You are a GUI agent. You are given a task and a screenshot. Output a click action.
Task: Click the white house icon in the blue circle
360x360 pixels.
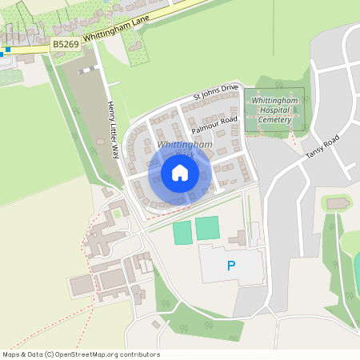(180, 173)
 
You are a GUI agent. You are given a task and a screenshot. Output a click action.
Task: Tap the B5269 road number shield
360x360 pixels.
(65, 46)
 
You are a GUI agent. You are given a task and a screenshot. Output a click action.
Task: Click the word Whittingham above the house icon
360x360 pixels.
(185, 144)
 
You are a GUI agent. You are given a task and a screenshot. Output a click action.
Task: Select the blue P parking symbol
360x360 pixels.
(232, 266)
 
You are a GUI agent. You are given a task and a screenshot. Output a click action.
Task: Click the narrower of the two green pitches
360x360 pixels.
(182, 233)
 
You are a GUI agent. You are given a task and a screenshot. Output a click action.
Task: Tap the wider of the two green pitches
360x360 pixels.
(207, 228)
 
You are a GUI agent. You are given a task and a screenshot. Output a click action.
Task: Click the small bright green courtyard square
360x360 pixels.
(117, 214)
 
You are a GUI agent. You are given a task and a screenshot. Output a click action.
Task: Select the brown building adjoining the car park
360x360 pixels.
(238, 238)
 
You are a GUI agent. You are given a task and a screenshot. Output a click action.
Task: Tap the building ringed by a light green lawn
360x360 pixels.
(337, 204)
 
